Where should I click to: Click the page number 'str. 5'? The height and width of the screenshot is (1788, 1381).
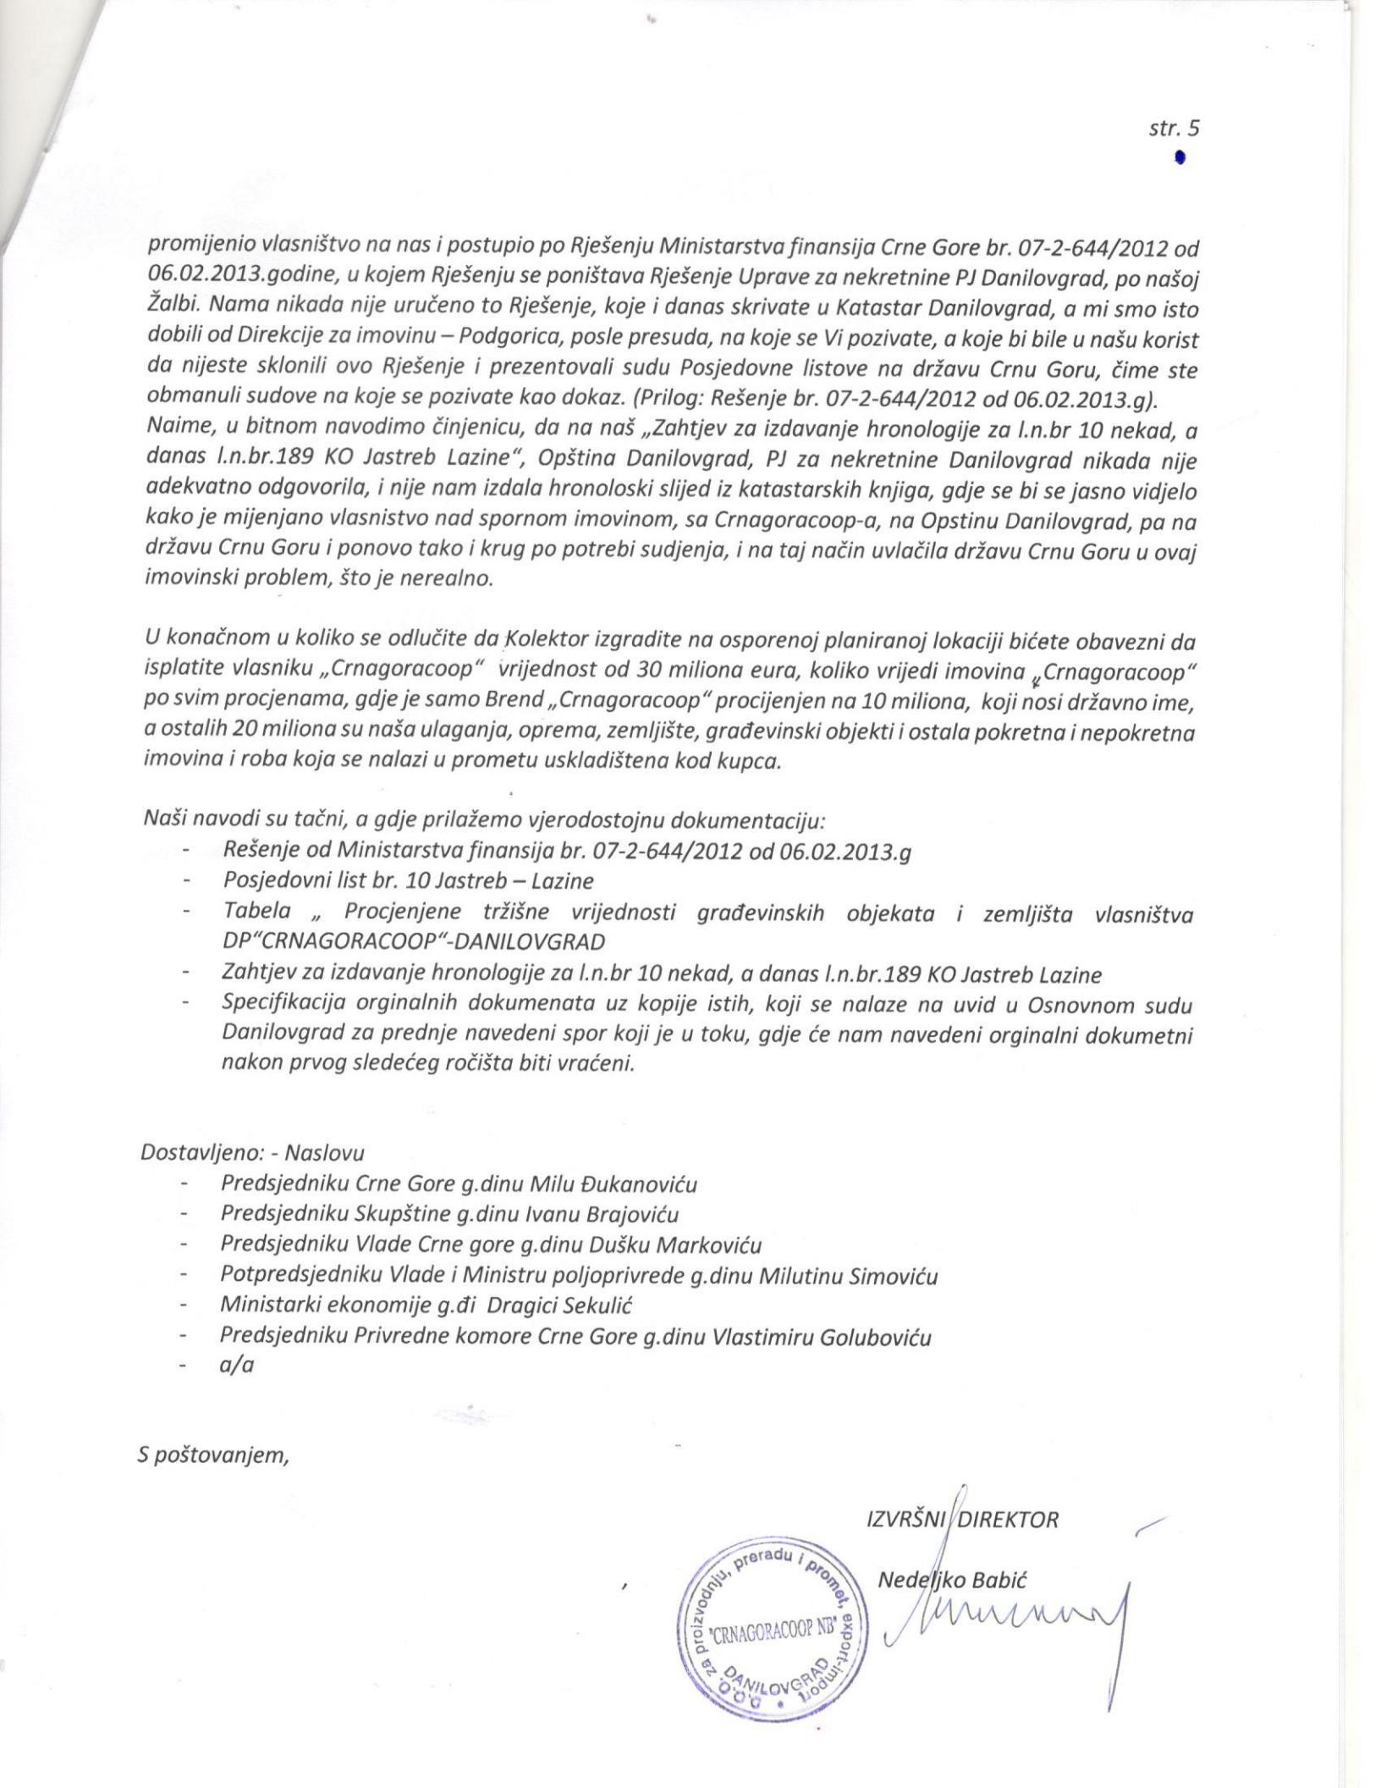coord(1175,129)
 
